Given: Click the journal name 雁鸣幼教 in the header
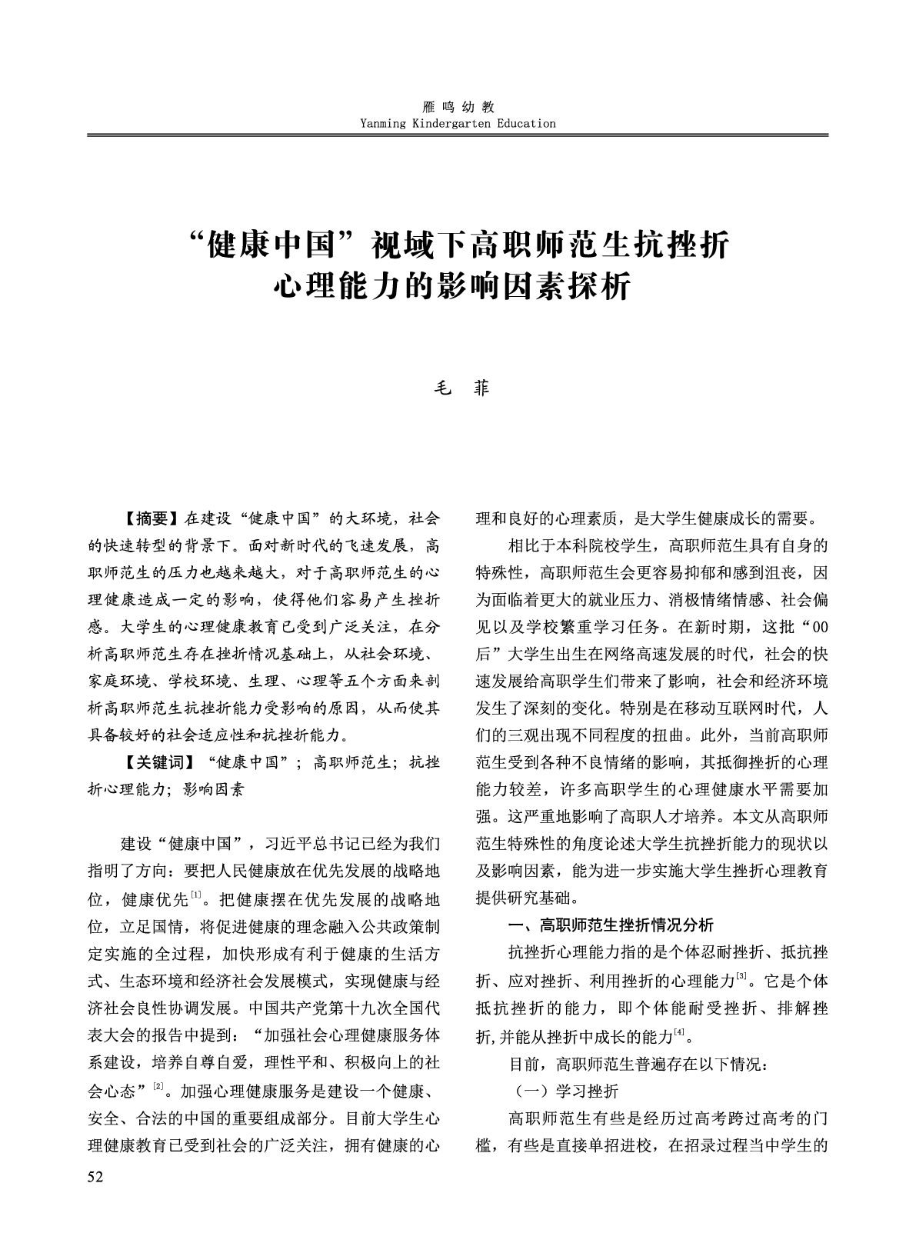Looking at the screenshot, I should coord(458,108).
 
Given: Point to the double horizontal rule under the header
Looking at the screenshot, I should coord(458,135).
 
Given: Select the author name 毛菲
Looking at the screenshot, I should coord(458,388).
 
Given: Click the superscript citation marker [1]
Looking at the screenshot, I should coord(196,894).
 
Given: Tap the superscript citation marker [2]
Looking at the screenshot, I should coord(159,1086).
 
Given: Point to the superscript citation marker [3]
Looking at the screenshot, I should coord(741,977).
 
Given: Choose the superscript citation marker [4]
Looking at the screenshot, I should coord(679,1032).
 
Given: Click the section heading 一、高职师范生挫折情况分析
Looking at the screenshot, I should coord(611,924).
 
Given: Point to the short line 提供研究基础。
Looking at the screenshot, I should coord(527,897).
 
